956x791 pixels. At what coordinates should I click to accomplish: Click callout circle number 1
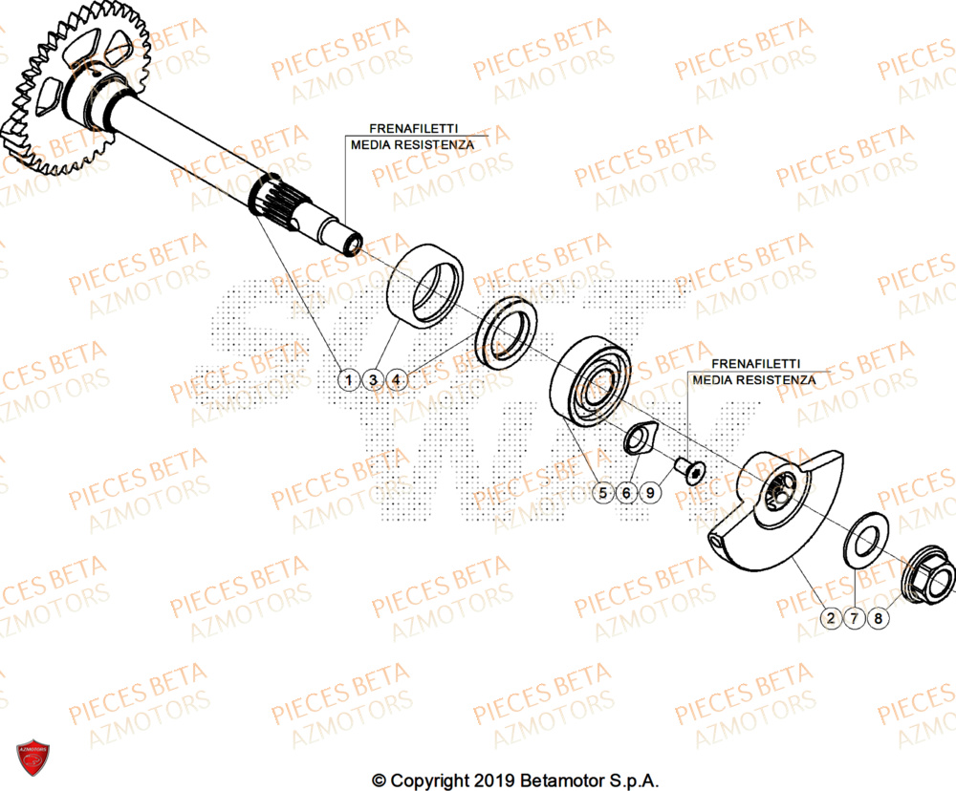pos(350,380)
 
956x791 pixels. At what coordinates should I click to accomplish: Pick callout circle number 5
pos(602,493)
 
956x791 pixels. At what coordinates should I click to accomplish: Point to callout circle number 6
pos(626,493)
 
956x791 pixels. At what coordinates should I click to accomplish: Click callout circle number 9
pos(650,493)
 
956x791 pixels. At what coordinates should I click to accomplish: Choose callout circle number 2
pos(831,619)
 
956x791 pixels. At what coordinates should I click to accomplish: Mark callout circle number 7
pos(855,619)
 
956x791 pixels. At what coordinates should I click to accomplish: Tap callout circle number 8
pos(879,619)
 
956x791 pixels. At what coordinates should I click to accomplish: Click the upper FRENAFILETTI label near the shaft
pos(411,128)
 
